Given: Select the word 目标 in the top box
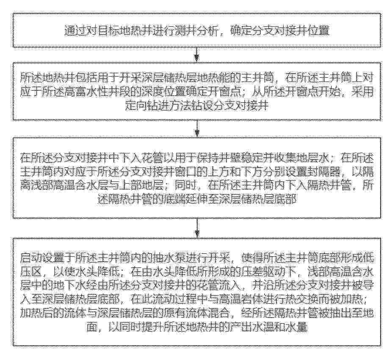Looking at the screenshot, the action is pos(108,31).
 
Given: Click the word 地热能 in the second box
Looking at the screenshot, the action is pos(219,78).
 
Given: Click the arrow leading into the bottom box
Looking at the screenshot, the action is pos(197,228).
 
